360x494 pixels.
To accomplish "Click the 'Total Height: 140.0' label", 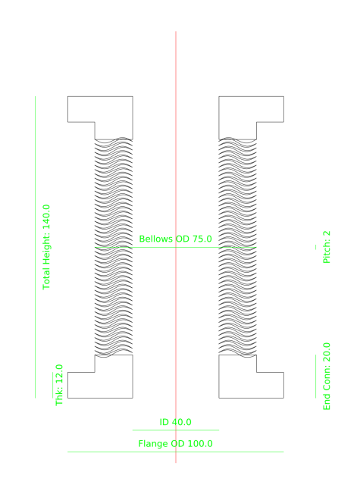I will click(47, 247).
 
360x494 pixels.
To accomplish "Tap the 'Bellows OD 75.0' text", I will click(175, 239).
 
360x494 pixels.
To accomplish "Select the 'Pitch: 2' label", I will click(327, 248).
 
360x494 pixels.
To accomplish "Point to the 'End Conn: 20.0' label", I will click(327, 377).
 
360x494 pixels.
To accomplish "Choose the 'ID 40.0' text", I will click(175, 422).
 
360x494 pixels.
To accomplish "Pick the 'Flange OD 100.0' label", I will click(175, 443).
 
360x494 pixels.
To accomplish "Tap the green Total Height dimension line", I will click(35, 152).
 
